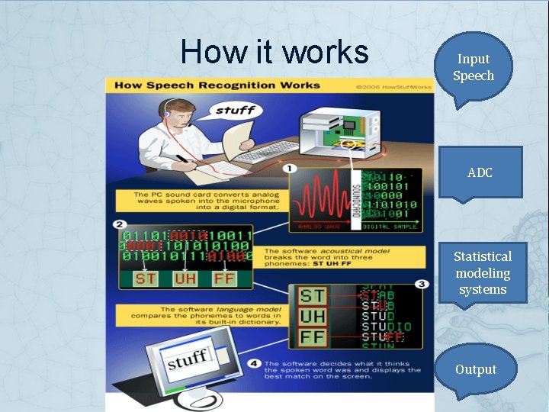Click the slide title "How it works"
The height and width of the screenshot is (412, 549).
[274, 52]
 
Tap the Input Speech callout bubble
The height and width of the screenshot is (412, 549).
[474, 67]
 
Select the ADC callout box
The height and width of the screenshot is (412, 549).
[480, 173]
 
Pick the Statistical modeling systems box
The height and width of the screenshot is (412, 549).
[482, 272]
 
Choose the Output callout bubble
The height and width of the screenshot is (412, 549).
[476, 369]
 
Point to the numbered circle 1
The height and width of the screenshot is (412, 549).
[291, 168]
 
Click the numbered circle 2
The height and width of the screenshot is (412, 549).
[120, 224]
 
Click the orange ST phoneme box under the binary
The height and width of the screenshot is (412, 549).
[145, 278]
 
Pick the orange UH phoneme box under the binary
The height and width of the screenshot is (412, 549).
[185, 278]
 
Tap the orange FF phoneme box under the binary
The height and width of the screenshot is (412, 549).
[224, 278]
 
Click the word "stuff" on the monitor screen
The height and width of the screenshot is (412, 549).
[188, 358]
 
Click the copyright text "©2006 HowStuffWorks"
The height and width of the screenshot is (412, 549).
[393, 86]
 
